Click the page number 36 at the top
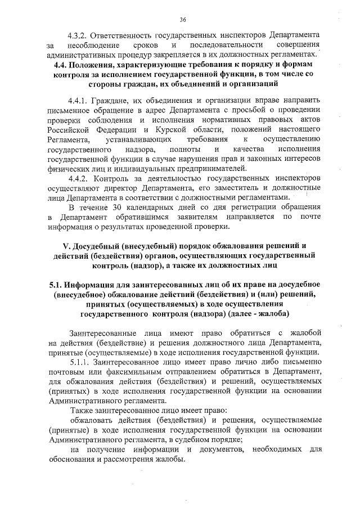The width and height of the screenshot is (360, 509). pos(183,19)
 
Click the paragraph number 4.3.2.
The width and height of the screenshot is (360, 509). pos(79,34)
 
